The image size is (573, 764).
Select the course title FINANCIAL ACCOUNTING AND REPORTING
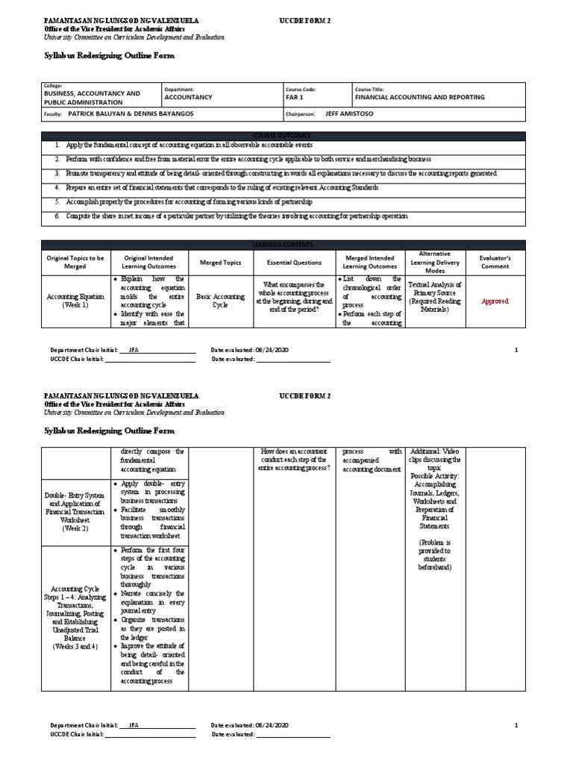(419, 97)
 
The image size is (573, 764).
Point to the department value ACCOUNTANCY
(188, 97)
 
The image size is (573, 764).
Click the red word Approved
(495, 301)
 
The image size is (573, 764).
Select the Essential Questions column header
(294, 263)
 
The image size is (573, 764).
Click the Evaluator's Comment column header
(495, 262)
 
